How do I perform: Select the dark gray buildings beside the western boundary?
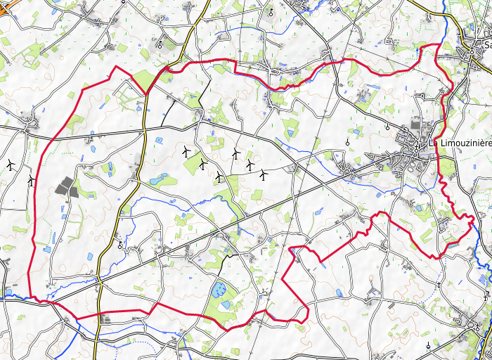pyautogui.click(x=65, y=187)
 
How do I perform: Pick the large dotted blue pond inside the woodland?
pyautogui.click(x=220, y=288)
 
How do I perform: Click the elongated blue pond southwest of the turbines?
pyautogui.click(x=154, y=179)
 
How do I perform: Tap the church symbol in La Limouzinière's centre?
pyautogui.click(x=416, y=148)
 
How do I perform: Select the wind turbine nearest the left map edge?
pyautogui.click(x=10, y=165)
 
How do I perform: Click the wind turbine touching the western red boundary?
pyautogui.click(x=30, y=180)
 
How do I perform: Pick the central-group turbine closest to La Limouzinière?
pyautogui.click(x=264, y=173)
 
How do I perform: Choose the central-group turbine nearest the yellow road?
pyautogui.click(x=186, y=150)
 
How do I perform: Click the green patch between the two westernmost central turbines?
pyautogui.click(x=193, y=162)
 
